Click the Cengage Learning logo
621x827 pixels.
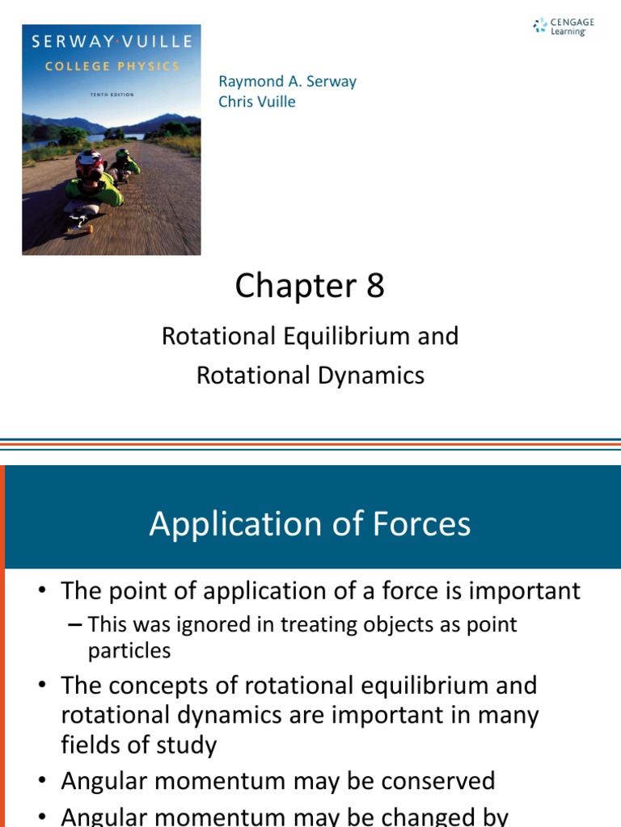(564, 26)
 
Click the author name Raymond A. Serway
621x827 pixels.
(287, 82)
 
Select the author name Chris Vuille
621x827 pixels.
(257, 101)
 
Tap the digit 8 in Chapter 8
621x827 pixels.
(375, 286)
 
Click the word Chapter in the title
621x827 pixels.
(289, 286)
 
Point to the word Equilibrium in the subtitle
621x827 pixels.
(347, 336)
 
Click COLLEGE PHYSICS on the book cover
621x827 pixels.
(112, 67)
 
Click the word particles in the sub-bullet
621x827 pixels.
(129, 650)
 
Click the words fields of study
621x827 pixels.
(139, 744)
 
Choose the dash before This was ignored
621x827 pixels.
(75, 624)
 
